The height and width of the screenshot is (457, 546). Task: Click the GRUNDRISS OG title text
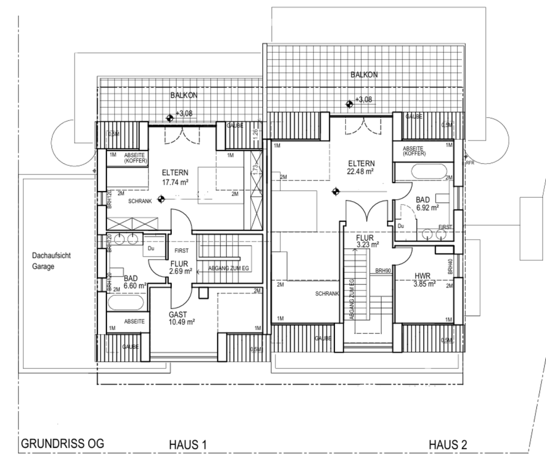[x=63, y=443]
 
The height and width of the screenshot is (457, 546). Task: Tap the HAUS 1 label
[x=188, y=444]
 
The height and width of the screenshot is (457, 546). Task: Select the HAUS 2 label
[x=448, y=444]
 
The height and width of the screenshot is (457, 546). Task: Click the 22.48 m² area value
[x=361, y=171]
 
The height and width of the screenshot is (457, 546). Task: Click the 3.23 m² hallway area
[x=367, y=245]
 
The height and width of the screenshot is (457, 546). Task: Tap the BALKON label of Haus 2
[x=364, y=74]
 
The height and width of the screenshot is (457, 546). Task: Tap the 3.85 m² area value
[x=424, y=284]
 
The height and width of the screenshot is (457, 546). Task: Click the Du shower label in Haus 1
[x=151, y=248]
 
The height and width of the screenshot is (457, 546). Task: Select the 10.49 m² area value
[x=182, y=321]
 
